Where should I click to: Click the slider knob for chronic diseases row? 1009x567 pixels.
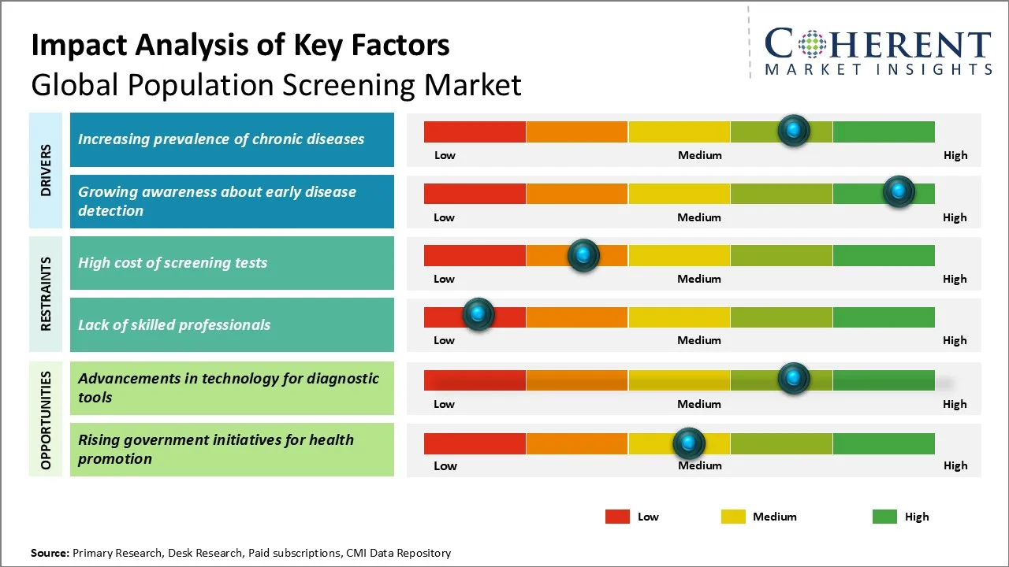(794, 130)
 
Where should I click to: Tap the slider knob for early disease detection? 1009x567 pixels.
(898, 191)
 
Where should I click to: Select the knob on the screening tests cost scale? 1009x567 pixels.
(583, 254)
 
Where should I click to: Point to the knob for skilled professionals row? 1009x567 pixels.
(478, 314)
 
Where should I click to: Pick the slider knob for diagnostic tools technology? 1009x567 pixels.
(794, 379)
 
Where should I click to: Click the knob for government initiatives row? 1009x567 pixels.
(689, 443)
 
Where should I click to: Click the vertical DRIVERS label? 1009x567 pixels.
(46, 170)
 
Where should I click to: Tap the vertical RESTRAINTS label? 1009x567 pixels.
(46, 293)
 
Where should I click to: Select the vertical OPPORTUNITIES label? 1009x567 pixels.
(46, 420)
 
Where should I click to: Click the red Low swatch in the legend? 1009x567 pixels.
(617, 517)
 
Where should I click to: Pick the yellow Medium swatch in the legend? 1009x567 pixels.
(733, 517)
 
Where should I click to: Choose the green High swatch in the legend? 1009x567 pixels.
(884, 517)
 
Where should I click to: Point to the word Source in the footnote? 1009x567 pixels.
(49, 553)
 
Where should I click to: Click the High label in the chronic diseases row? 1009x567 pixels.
(955, 155)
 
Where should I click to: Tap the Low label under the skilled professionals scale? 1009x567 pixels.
(444, 340)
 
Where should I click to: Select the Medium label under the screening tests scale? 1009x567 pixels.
(699, 279)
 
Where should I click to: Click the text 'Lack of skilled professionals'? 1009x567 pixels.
(174, 324)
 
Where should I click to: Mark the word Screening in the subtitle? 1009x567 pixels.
(335, 84)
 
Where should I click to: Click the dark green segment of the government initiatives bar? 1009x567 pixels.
(883, 443)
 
